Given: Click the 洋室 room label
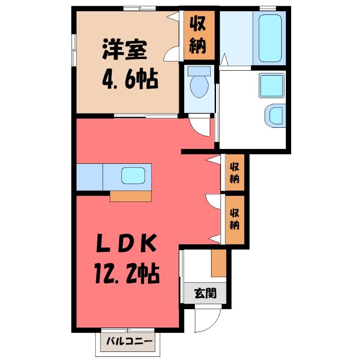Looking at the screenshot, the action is point(125,49).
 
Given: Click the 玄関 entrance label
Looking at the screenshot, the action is point(205,293).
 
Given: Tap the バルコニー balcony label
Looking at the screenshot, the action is point(129,341).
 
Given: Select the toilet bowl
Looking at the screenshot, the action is point(199,86).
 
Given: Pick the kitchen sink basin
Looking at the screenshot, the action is point(133,175).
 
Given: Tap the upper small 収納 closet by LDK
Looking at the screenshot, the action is point(234,172).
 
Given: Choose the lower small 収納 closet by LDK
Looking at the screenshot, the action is point(234,219).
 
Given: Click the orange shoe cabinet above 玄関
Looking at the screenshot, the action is point(219,263).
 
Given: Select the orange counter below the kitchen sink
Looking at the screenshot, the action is point(130,196).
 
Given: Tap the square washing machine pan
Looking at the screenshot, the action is point(272,85).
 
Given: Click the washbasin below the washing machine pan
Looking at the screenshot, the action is point(275,116).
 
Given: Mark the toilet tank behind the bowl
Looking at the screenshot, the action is point(199,71).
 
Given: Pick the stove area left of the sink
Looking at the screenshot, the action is point(90,177).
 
